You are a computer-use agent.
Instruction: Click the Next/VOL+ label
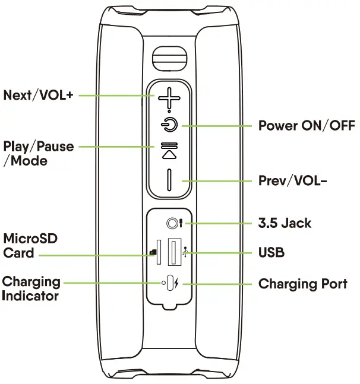(x=38, y=94)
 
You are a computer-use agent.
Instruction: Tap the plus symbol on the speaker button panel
(x=169, y=99)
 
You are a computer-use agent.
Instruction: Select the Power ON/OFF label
(x=306, y=126)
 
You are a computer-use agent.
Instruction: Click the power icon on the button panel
(x=170, y=125)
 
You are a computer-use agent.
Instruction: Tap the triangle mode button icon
(x=169, y=154)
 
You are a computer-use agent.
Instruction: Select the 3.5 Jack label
(x=285, y=223)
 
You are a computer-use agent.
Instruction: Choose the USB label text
(x=271, y=252)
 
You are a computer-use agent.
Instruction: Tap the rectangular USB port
(x=174, y=252)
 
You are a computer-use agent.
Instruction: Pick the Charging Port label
(x=302, y=284)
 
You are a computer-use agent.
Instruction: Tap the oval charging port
(x=172, y=284)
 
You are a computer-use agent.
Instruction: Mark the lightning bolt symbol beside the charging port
(x=181, y=284)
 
